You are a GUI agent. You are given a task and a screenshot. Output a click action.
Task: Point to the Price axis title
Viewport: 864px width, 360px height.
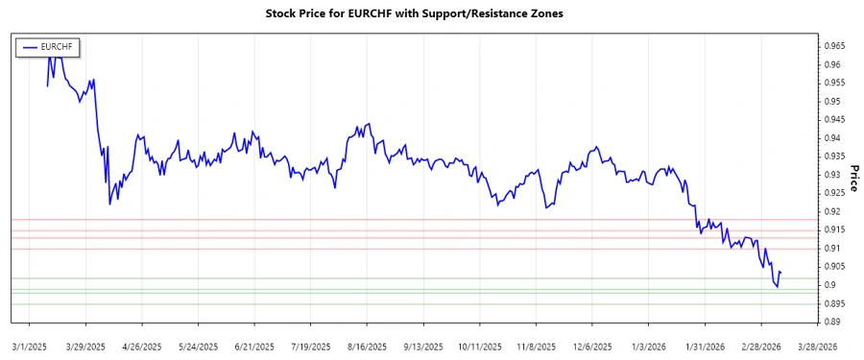[853, 178]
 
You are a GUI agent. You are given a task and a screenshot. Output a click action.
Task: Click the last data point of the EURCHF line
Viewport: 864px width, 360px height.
[780, 273]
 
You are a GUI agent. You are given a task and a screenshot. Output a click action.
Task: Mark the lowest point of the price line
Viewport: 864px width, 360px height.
[777, 287]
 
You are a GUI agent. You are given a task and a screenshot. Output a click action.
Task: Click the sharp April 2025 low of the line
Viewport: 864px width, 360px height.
[109, 204]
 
